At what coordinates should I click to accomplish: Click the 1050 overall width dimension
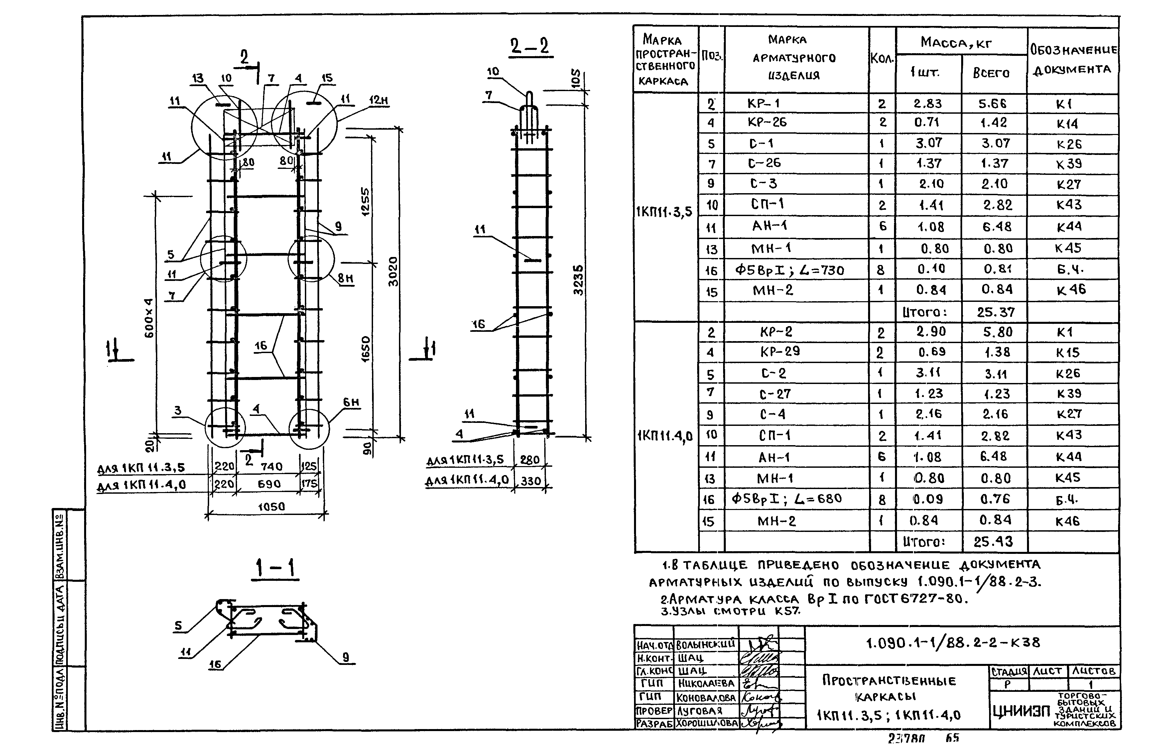(x=271, y=506)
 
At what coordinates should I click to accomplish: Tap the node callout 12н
(x=379, y=101)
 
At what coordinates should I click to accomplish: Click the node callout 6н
(x=351, y=402)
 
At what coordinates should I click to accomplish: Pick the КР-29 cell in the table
(x=780, y=352)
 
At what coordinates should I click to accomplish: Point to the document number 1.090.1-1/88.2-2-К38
(x=953, y=643)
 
